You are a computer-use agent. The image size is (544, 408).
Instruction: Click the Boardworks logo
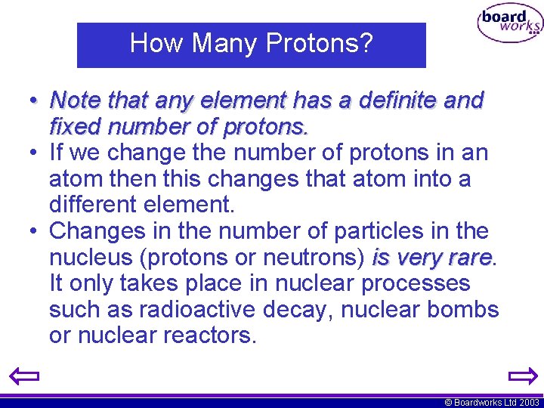pos(509,25)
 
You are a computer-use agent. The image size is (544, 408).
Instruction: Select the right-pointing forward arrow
pos(522,376)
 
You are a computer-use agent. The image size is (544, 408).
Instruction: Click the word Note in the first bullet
pos(76,100)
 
